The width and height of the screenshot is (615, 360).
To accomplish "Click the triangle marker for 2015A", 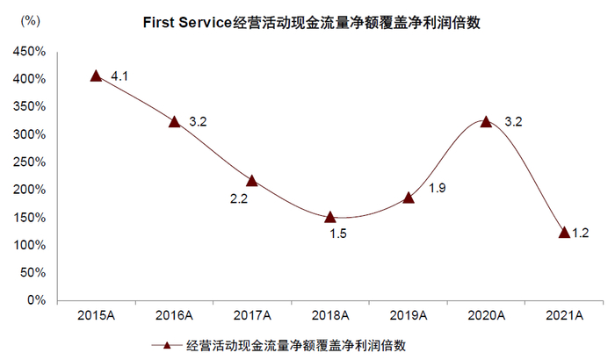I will pos(97,76).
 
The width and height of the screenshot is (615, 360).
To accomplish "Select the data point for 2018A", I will pos(330,217).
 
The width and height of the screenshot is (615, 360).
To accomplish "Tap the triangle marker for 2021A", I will pos(563,233).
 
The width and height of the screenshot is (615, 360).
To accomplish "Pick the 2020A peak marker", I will pos(486,121).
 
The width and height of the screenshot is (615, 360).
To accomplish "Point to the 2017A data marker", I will pos(252,180).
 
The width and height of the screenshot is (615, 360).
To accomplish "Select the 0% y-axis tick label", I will pos(38,300).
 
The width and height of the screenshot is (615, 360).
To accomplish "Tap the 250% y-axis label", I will pos(31,162).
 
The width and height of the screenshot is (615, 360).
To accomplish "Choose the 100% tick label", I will pos(31,245).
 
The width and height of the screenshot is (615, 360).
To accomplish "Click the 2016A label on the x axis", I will pos(174,314).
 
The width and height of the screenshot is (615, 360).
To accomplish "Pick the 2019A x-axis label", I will pos(408,314).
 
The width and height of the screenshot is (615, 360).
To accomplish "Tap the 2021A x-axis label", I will pos(563,314).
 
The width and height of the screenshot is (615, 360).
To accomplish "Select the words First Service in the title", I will pos(187,24).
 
